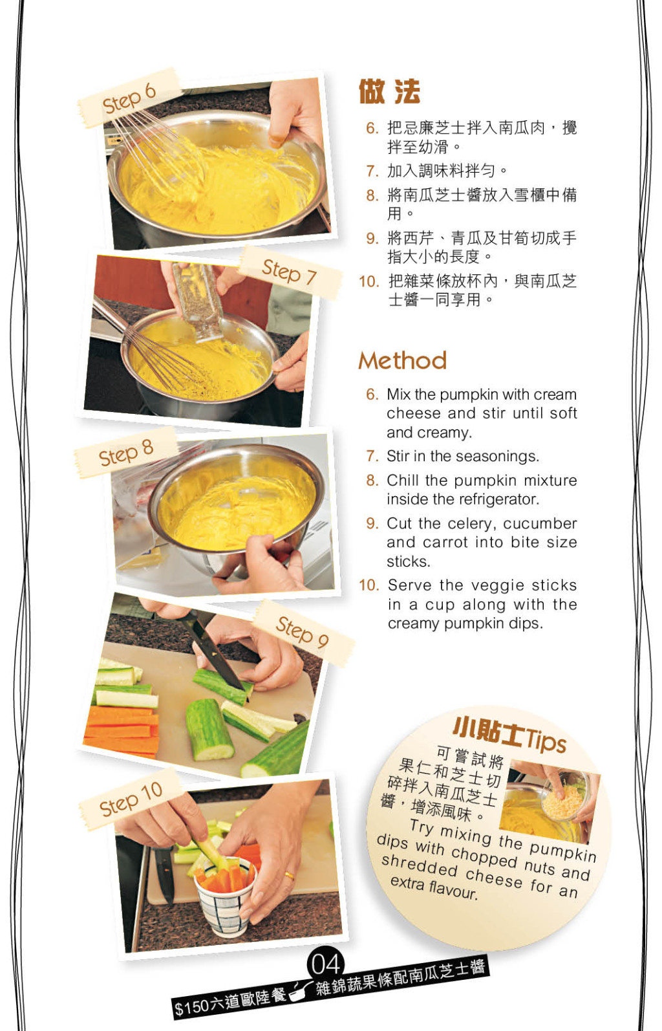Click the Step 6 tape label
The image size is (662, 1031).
129,98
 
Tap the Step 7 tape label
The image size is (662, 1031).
290,272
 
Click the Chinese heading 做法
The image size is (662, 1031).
389,92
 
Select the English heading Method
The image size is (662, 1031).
403,360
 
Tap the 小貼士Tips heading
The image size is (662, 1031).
509,735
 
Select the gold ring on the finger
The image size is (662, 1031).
288,875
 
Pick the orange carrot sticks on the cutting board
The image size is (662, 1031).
122,730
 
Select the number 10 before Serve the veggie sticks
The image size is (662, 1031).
369,585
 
